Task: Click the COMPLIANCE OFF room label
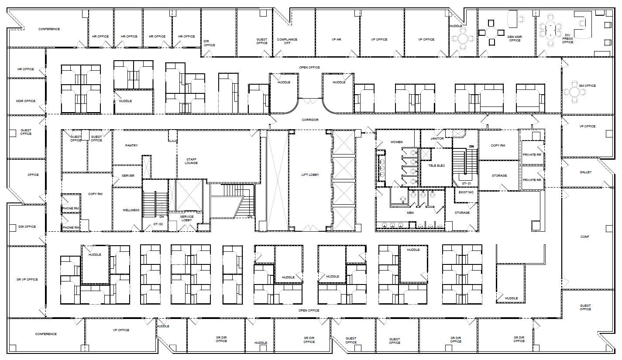click(x=287, y=41)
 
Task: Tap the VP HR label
click(x=336, y=40)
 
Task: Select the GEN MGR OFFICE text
click(x=515, y=38)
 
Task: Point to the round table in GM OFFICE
click(x=571, y=92)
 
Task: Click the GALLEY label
click(x=585, y=172)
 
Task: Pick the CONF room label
click(x=584, y=237)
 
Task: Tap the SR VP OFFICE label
click(x=27, y=279)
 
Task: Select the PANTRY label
click(x=131, y=145)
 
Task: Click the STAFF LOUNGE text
click(x=191, y=161)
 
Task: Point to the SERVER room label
click(x=128, y=176)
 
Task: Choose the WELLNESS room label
click(x=131, y=210)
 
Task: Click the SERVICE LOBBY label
click(x=187, y=218)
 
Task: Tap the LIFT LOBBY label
click(x=310, y=175)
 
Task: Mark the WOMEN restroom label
click(x=396, y=142)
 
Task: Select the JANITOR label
click(x=437, y=139)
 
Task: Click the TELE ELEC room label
click(x=436, y=166)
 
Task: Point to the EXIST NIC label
click(x=466, y=192)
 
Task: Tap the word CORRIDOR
click(x=310, y=120)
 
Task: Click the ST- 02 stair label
click(x=158, y=224)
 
